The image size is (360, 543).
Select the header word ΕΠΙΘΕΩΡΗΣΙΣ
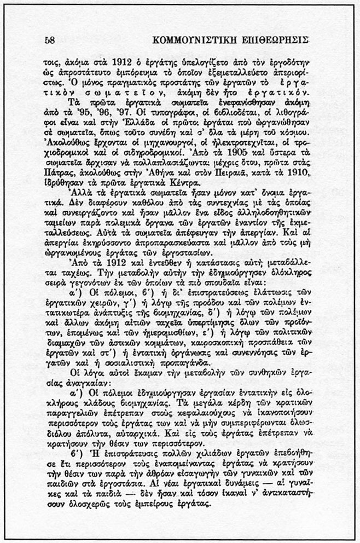coord(276,41)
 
